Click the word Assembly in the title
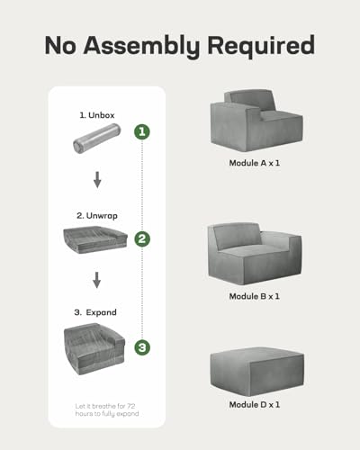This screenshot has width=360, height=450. (x=141, y=47)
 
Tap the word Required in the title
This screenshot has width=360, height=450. (x=261, y=45)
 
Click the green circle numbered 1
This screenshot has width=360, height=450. (x=142, y=131)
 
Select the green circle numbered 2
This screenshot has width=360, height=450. (x=142, y=238)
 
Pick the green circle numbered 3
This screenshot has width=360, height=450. (x=142, y=347)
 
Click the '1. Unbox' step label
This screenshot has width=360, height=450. (x=97, y=115)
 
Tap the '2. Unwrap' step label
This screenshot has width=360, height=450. (x=96, y=216)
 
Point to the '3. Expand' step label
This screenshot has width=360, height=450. (x=95, y=312)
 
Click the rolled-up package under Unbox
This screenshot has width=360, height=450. (x=96, y=139)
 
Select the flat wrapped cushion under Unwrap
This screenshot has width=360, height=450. (x=95, y=239)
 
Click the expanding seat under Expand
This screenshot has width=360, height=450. (x=94, y=349)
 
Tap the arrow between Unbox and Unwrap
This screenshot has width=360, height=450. (x=97, y=180)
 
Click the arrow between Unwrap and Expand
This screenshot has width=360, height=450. (x=96, y=280)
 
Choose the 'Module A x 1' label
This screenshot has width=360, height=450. (x=254, y=163)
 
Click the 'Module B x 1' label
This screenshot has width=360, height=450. (x=254, y=296)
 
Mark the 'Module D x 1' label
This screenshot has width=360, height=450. (x=254, y=405)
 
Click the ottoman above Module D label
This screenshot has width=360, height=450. (x=257, y=372)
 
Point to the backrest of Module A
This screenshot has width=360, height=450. (x=249, y=101)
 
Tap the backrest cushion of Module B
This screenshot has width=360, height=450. (x=237, y=237)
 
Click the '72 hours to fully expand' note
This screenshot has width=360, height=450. (x=107, y=409)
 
